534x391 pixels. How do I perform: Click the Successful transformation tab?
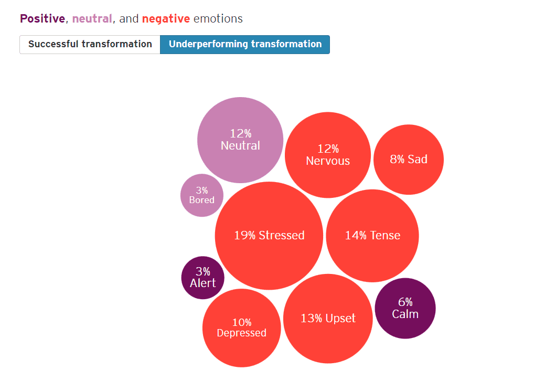point(90,44)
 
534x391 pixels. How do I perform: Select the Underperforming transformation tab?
point(245,44)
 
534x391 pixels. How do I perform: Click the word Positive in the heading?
point(42,19)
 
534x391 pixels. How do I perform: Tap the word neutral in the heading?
point(92,19)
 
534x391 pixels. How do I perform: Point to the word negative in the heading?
point(166,19)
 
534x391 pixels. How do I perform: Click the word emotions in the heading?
point(218,19)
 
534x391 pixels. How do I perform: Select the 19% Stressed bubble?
point(269,236)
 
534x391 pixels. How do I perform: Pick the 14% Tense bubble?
point(372,236)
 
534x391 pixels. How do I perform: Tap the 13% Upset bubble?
point(328,318)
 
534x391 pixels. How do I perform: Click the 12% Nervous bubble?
point(328,155)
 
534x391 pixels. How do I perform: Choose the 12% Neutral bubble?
point(240,140)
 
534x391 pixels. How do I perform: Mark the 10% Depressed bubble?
point(241,327)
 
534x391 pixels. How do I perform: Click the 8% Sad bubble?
point(409,159)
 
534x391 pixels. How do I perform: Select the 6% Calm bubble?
point(405,308)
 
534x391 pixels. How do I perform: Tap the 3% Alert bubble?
point(202,278)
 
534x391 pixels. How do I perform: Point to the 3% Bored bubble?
point(202,195)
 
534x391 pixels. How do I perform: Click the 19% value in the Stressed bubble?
point(244,235)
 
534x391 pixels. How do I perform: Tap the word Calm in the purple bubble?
point(405,314)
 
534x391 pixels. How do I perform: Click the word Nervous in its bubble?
point(328,161)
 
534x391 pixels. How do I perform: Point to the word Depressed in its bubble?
point(241,333)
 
